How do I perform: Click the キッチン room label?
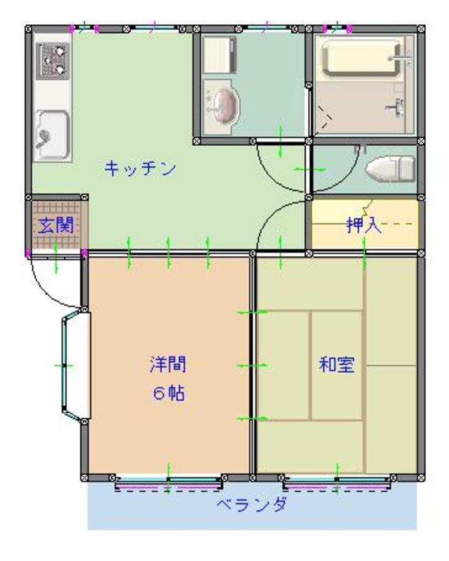tap(140, 168)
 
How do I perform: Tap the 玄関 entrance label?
tap(56, 226)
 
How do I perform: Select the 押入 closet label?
tap(364, 225)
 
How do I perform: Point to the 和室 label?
tap(337, 365)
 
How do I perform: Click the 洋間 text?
tap(168, 364)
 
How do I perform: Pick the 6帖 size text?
tap(168, 393)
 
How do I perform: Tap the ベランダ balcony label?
tap(252, 505)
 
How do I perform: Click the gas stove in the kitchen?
tap(52, 61)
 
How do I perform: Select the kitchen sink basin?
tap(52, 135)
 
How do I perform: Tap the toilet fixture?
tap(390, 168)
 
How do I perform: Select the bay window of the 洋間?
tap(76, 366)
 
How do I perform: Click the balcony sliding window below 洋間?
tap(168, 483)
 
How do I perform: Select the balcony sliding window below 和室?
tap(337, 483)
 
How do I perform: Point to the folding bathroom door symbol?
tap(324, 117)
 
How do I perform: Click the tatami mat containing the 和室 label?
tap(337, 365)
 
